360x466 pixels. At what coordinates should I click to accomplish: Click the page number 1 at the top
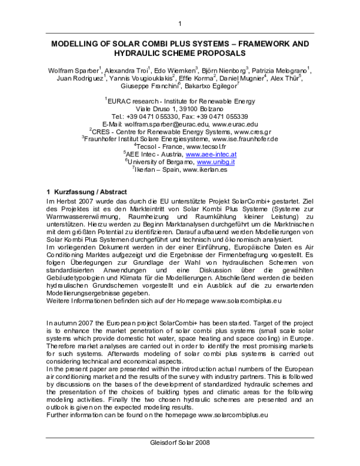pyautogui.click(x=179, y=23)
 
